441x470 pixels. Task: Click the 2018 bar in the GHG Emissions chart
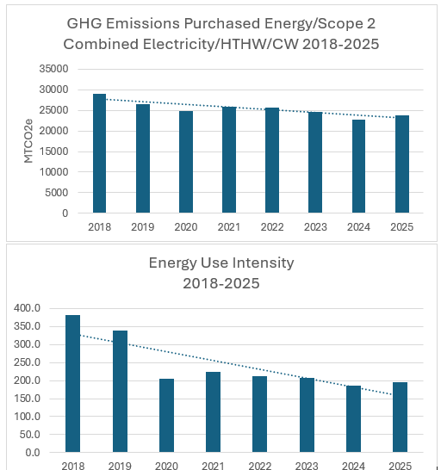click(x=100, y=153)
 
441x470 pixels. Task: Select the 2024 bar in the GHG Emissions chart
click(x=358, y=166)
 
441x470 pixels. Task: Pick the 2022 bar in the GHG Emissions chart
click(x=272, y=160)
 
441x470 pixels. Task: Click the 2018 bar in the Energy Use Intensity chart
click(x=73, y=384)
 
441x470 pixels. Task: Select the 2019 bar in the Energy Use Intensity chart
click(x=120, y=392)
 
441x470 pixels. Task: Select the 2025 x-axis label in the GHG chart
click(x=401, y=228)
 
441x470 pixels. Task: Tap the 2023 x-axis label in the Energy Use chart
click(x=307, y=466)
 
